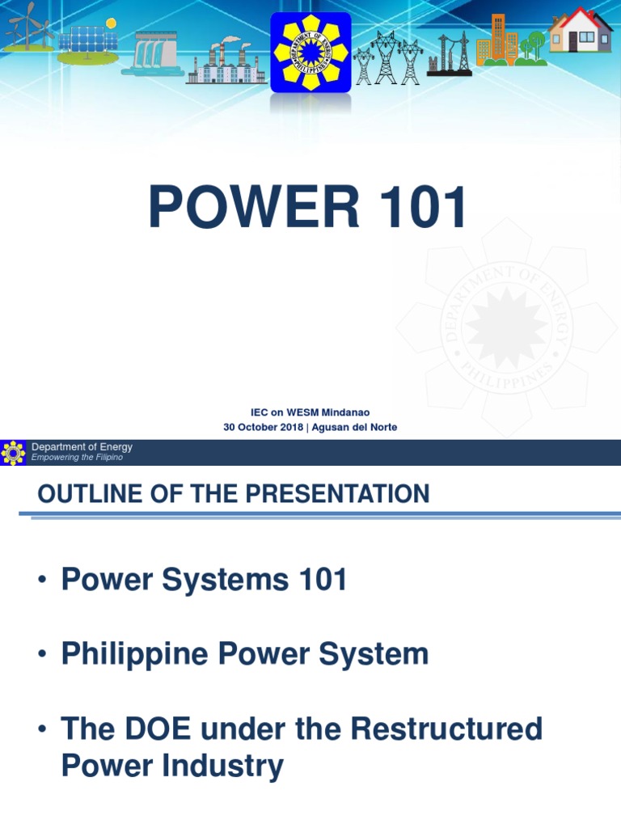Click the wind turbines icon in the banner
[26, 28]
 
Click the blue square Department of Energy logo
[310, 52]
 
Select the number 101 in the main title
[417, 208]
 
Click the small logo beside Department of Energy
[13, 452]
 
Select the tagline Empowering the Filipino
[77, 458]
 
